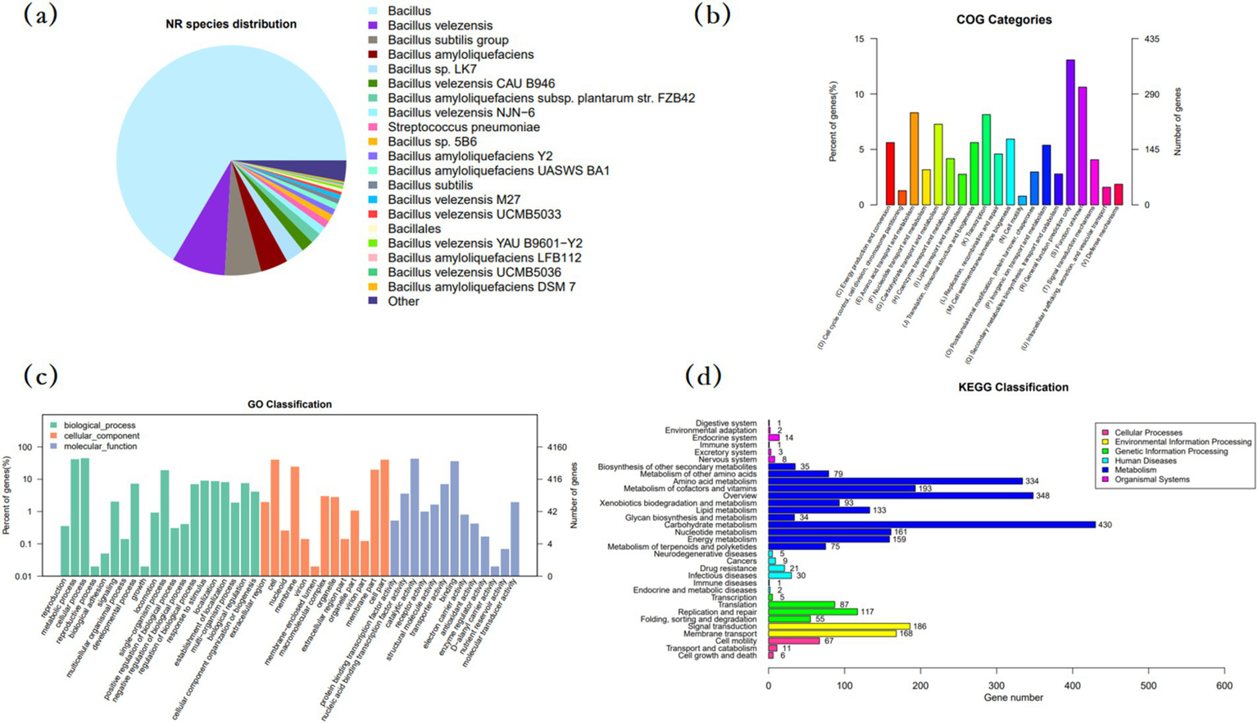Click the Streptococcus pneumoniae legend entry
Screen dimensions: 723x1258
(x=463, y=127)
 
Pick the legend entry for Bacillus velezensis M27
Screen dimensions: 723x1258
(x=453, y=199)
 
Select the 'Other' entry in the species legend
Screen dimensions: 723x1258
(x=402, y=301)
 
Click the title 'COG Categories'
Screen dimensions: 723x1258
(x=1003, y=20)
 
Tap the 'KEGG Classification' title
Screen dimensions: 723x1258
(x=1013, y=387)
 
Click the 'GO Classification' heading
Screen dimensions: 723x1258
(x=289, y=404)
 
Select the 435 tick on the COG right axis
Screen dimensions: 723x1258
(x=1151, y=39)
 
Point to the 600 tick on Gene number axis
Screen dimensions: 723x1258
(x=1224, y=685)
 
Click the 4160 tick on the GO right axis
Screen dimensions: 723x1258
(x=556, y=448)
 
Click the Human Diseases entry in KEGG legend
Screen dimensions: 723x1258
(x=1145, y=461)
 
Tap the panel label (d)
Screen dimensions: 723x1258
(x=704, y=376)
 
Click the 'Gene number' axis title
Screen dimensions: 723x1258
(x=1013, y=698)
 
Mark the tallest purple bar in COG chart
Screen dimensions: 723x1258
(x=1070, y=131)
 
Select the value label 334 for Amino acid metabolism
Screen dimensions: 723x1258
(x=1034, y=481)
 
